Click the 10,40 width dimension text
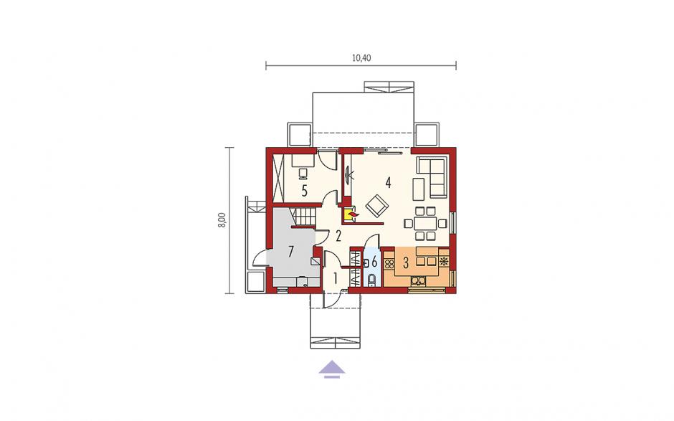pos(361,57)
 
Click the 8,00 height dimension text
pos(222,220)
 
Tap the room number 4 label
pos(388,183)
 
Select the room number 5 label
pos(304,191)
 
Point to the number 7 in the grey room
pos(290,252)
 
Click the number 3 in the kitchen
pos(405,262)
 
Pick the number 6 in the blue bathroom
pos(374,261)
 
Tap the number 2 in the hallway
pos(338,235)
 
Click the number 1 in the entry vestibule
pos(336,278)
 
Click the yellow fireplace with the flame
pos(350,214)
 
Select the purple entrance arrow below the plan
pos(332,369)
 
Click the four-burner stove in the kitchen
pos(389,264)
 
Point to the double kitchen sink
pos(418,281)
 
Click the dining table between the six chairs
pos(425,224)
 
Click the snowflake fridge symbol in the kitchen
pos(444,261)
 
